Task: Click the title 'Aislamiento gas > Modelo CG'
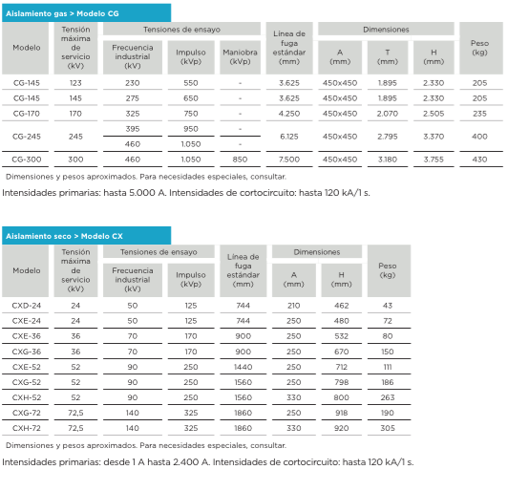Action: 62,13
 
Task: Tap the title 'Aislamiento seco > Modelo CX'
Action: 64,236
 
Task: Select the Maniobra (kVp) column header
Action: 240,56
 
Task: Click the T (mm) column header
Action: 388,56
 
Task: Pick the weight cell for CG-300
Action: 479,160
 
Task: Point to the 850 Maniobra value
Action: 240,160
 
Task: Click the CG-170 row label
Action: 27,114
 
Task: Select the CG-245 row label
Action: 27,137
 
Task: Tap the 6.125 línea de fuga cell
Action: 289,137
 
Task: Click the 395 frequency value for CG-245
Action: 133,129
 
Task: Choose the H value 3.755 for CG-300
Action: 434,160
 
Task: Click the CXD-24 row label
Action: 27,306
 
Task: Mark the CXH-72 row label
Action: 27,428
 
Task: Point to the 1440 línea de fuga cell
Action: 243,367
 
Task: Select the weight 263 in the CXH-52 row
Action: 388,397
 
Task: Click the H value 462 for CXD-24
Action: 342,306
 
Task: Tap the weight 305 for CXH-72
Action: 388,428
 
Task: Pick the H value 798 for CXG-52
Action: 342,382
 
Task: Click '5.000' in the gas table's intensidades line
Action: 142,193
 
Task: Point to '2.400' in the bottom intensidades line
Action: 185,462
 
